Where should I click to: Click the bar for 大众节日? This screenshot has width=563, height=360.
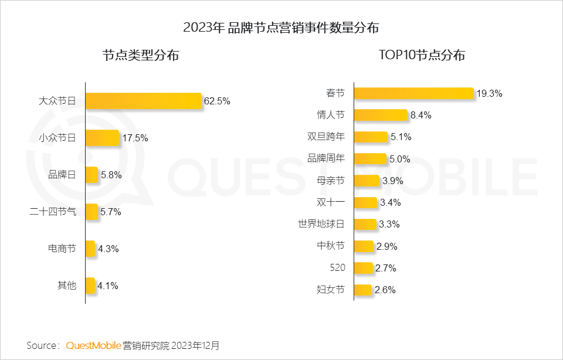pos(143,101)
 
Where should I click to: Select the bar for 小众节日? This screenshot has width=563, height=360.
pos(102,138)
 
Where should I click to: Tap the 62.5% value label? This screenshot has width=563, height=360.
pos(217,101)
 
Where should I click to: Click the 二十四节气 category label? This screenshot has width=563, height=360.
pos(53,212)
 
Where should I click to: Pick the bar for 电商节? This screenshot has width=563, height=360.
pos(90,249)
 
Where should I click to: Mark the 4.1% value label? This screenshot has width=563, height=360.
pos(108,286)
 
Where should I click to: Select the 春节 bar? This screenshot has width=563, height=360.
pos(413,93)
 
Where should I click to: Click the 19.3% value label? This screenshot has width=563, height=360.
pos(489,93)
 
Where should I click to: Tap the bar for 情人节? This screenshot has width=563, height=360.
pos(381,115)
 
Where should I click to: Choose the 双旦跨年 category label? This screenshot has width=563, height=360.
pos(326,137)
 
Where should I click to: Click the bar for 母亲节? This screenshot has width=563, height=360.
pos(367,181)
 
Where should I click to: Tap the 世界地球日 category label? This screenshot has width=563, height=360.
pos(321,225)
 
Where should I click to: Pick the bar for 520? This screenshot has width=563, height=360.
pos(364,268)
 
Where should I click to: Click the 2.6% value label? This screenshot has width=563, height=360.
pos(385,290)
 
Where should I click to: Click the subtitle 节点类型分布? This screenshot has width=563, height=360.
pos(141,56)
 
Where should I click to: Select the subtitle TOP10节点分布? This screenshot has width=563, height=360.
pos(422,55)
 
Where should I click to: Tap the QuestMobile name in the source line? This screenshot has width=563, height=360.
pos(93,345)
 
